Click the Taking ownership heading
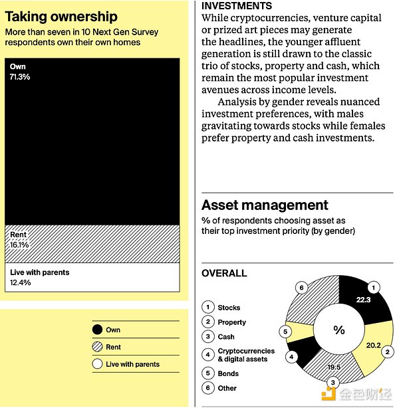pyautogui.click(x=61, y=17)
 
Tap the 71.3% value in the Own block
pyautogui.click(x=21, y=77)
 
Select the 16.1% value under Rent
pyautogui.click(x=20, y=245)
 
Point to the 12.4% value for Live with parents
pyautogui.click(x=21, y=282)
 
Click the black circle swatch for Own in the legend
pyautogui.click(x=97, y=330)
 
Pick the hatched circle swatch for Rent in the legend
pyautogui.click(x=97, y=347)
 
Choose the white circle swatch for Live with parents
pyautogui.click(x=97, y=364)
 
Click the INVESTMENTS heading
pyautogui.click(x=236, y=6)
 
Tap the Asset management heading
pyautogui.click(x=265, y=205)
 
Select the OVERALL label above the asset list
pyautogui.click(x=224, y=273)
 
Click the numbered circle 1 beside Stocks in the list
pyautogui.click(x=207, y=307)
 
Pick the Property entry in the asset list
pyautogui.click(x=231, y=322)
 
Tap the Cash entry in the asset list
pyautogui.click(x=226, y=337)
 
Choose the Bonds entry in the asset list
pyautogui.click(x=228, y=373)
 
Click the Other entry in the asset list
pyautogui.click(x=227, y=388)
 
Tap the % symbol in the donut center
pyautogui.click(x=339, y=330)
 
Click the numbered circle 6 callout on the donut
pyautogui.click(x=302, y=288)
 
